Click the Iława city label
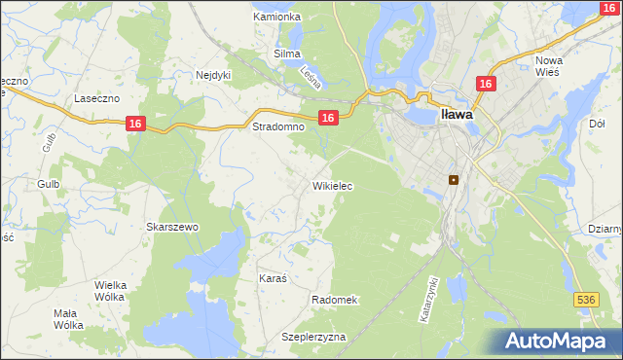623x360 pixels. coord(457,114)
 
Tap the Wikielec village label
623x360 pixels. coord(332,186)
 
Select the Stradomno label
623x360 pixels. coord(278,126)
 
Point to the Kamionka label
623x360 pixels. coord(277,18)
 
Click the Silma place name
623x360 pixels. coord(287,54)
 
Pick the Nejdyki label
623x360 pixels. coord(213,74)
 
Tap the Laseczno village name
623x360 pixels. coord(96,98)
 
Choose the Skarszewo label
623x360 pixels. coord(172,227)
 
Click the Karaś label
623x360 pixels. coord(273,278)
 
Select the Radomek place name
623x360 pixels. coord(336,300)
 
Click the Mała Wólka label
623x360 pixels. coord(68,319)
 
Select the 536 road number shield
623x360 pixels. coord(585,301)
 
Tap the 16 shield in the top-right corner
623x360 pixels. coord(608,8)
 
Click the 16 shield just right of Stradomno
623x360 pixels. coord(328,118)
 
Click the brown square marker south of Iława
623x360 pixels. coord(453,179)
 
